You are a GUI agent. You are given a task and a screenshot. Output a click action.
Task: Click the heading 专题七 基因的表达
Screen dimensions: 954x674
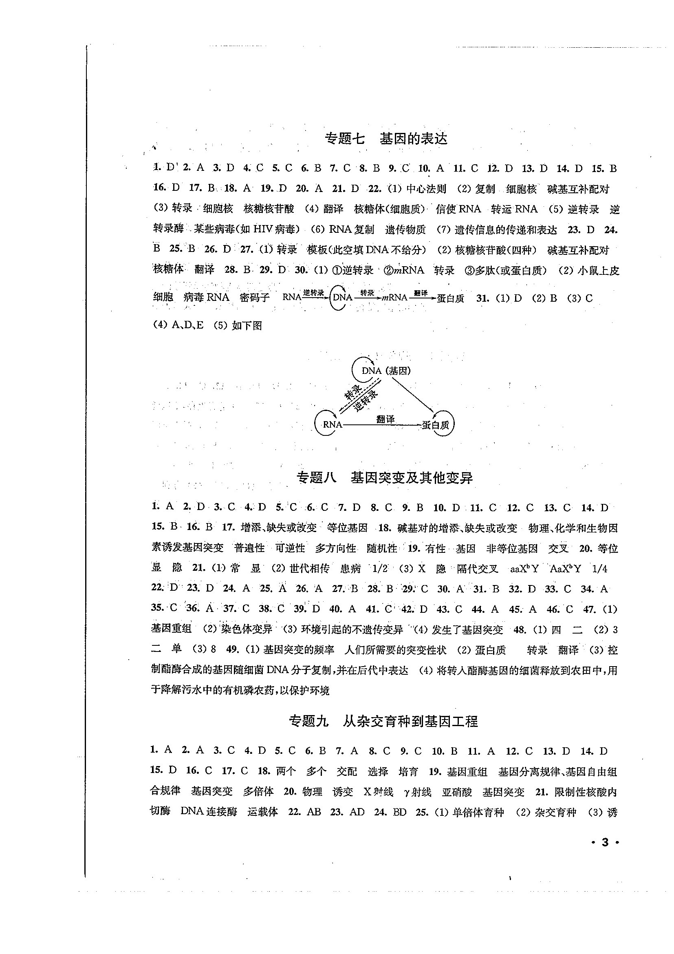pos(386,139)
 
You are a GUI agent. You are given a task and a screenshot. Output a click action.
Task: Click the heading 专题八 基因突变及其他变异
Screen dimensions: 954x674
pos(385,478)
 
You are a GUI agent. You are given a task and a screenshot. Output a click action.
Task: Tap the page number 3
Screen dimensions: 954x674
pos(605,843)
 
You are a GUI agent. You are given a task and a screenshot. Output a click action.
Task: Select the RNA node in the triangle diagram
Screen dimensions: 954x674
pos(332,425)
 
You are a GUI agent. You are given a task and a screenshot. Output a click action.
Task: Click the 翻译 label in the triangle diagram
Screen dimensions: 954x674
pos(385,419)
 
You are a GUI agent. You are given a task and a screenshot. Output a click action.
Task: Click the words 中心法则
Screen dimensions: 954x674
pos(426,189)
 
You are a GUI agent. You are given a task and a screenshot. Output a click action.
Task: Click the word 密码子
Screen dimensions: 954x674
pos(255,298)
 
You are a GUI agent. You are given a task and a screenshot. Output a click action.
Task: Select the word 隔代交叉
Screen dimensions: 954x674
pos(477,569)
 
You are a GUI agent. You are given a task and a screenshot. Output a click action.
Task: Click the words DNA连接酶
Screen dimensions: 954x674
pos(209,811)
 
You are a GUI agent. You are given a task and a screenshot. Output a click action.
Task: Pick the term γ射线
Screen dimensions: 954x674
pos(417,792)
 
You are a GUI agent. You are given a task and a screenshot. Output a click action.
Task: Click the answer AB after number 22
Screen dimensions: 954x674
pos(313,811)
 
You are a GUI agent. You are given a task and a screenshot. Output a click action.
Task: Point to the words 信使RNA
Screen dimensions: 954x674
pos(458,209)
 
